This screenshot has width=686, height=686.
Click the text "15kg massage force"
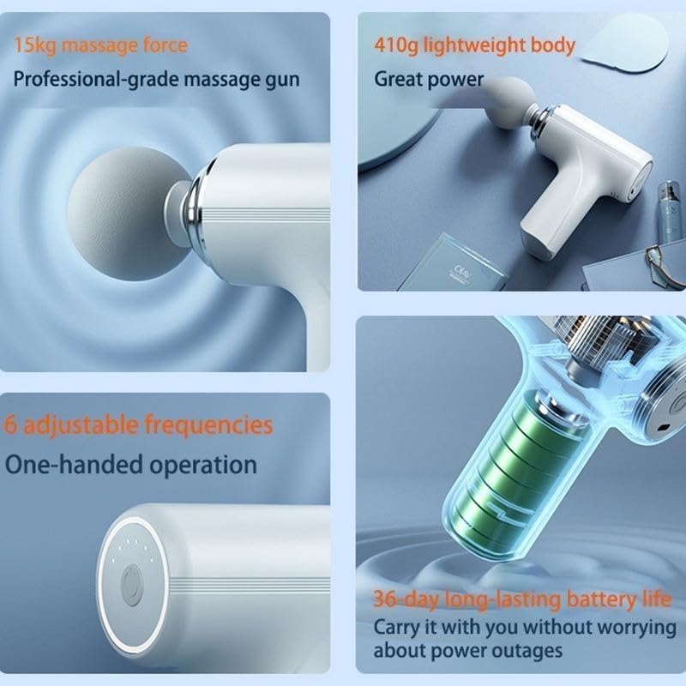99,45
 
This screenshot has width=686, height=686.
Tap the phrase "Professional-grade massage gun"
156,80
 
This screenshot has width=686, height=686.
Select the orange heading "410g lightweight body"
474,45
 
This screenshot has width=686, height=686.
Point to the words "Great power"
429,80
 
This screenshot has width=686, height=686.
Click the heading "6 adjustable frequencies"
139,424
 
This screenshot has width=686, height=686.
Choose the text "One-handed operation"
131,465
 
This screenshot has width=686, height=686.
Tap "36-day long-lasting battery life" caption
522,598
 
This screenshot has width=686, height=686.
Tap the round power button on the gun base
132,587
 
